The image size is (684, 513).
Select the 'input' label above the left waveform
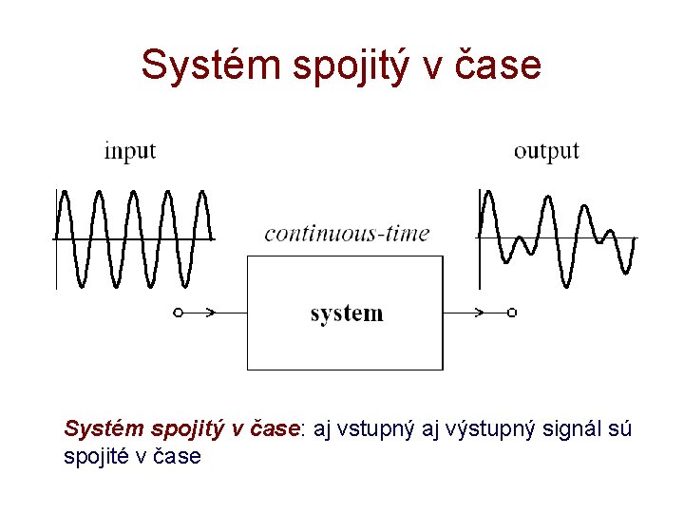[129, 150]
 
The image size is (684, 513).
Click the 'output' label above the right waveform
[546, 151]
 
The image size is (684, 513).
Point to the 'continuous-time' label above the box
[347, 233]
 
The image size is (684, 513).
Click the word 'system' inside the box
[347, 313]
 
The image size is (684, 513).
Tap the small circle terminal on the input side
[177, 312]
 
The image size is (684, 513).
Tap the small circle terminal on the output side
[512, 312]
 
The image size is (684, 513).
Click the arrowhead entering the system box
[212, 312]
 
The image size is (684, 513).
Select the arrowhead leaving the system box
[479, 312]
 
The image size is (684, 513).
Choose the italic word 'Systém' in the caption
[96, 429]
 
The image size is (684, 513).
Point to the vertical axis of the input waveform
[56, 237]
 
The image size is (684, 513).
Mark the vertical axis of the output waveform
[480, 237]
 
